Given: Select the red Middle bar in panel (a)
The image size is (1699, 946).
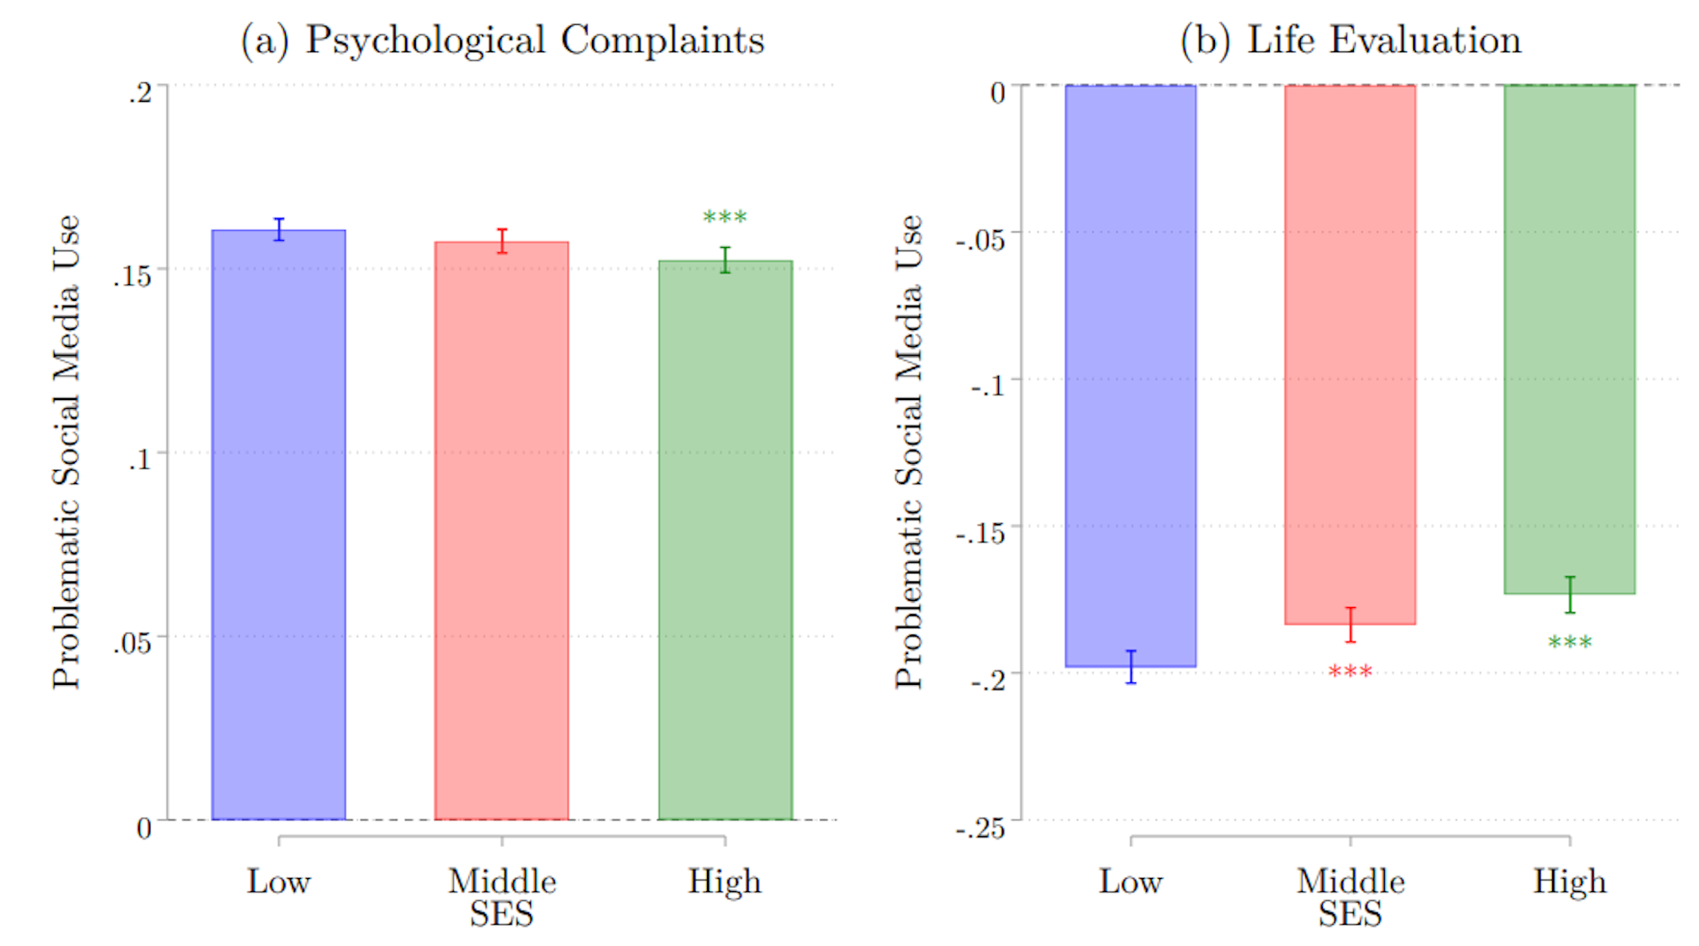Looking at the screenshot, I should click(x=502, y=530).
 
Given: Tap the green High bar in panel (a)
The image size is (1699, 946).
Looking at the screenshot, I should click(x=725, y=540).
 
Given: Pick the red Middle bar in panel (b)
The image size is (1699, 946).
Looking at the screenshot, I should click(x=1350, y=354).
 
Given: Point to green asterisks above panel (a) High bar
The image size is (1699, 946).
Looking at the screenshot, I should click(x=725, y=218).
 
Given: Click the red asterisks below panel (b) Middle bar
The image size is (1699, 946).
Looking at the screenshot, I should click(x=1350, y=673).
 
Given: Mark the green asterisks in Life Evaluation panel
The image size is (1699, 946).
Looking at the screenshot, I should click(x=1570, y=643).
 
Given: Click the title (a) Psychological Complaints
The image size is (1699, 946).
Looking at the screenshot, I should click(x=503, y=41).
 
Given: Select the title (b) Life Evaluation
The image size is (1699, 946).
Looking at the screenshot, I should click(x=1350, y=41).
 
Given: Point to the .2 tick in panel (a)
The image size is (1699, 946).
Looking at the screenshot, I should click(x=140, y=92).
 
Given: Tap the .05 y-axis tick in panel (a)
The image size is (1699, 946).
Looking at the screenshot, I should click(x=132, y=642).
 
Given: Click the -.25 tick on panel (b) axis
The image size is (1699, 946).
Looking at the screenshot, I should click(x=980, y=828).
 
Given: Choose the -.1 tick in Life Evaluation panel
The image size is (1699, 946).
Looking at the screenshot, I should click(x=988, y=386).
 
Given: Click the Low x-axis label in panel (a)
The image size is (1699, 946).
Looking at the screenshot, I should click(x=279, y=881).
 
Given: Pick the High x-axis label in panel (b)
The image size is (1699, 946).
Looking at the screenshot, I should click(x=1570, y=881).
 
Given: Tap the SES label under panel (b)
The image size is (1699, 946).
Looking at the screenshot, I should click(x=1350, y=914).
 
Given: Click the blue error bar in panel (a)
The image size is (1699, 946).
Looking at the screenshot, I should click(x=279, y=229).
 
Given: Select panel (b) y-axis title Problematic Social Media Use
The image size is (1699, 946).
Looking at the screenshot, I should click(x=909, y=451).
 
